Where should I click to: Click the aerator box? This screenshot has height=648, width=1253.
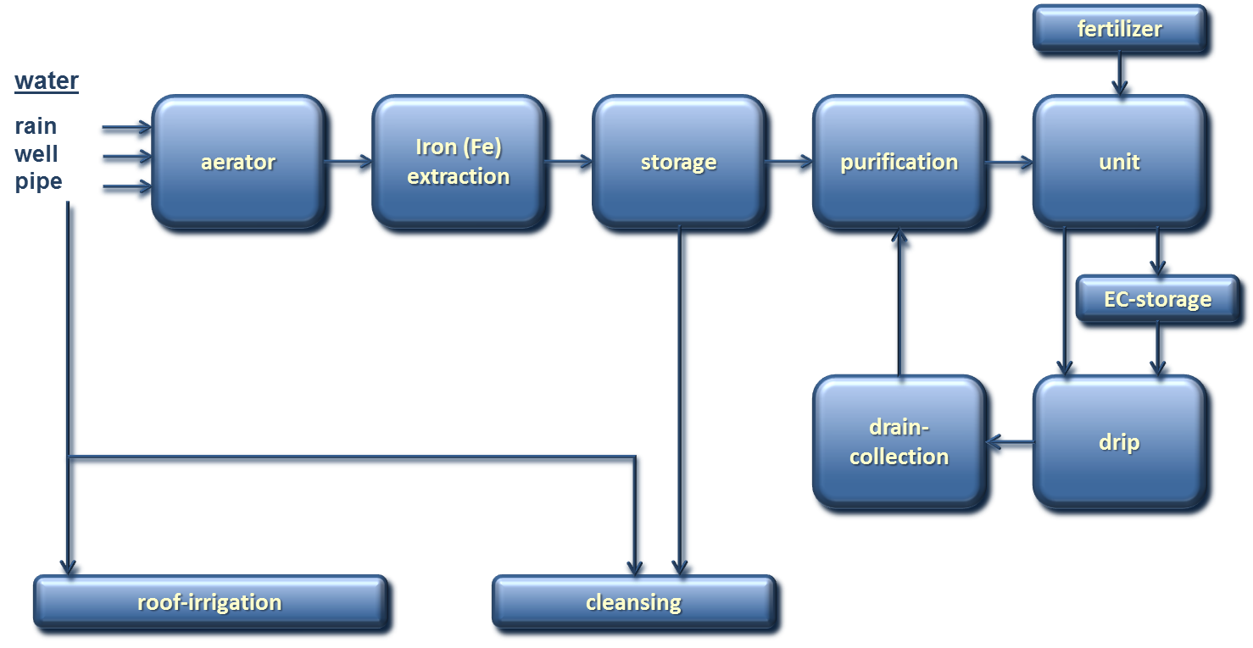pos(238,162)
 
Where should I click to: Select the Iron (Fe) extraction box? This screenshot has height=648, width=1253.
pos(458,162)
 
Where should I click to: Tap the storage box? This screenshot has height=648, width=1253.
pos(678,162)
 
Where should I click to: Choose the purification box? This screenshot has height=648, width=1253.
pos(899,162)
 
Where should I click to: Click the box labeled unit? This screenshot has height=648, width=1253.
pos(1119,162)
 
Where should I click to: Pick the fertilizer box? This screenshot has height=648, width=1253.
pos(1119,30)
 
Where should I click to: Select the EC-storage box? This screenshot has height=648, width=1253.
pos(1157,299)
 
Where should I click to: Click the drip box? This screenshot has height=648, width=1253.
pos(1119,442)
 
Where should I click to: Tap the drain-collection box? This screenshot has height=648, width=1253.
pos(899,442)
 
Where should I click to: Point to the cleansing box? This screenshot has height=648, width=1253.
pos(633,602)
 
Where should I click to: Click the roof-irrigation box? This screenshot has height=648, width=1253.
pos(209,602)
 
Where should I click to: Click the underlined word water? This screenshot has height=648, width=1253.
pos(47,81)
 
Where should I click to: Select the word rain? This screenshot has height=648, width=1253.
pos(36,126)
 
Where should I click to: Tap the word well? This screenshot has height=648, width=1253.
pos(36,154)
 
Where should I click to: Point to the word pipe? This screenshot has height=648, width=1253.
pos(38,182)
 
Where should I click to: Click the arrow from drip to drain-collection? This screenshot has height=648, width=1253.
pos(1009,442)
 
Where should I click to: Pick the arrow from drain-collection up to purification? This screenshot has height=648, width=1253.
pos(902,305)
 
